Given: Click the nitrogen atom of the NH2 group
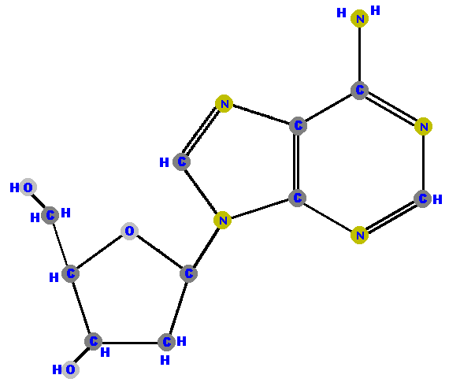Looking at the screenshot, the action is point(359,18).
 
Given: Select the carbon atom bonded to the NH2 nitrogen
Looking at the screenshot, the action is point(359,91).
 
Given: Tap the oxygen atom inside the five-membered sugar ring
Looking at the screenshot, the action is point(129,231).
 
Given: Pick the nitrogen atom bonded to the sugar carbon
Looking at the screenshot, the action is point(222,220).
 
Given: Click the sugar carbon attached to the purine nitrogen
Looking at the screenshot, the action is point(188,273).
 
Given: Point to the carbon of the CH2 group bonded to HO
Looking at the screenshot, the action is point(50,215).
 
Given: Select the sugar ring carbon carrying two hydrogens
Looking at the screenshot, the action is point(166,342).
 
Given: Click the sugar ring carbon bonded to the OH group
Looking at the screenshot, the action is point(93,341).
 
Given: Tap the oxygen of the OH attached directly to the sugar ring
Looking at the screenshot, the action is point(70,369).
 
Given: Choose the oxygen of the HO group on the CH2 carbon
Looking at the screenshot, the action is point(28,187).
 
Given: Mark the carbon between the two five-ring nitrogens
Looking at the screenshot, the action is point(182,161).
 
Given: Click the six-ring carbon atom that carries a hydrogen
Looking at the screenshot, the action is point(422,199).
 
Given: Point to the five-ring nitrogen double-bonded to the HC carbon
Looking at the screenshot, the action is point(224,103).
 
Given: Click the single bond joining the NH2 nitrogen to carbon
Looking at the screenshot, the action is point(359,54).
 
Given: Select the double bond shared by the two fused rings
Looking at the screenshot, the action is point(298,161).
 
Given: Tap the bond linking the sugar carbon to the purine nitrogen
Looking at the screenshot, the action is point(206,247).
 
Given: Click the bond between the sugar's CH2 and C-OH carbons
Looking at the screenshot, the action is point(130,342).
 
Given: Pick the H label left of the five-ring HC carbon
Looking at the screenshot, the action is point(164,162).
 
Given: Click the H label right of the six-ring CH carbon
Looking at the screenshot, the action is point(437,199).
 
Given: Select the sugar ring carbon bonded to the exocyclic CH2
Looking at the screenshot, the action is point(70,273).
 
